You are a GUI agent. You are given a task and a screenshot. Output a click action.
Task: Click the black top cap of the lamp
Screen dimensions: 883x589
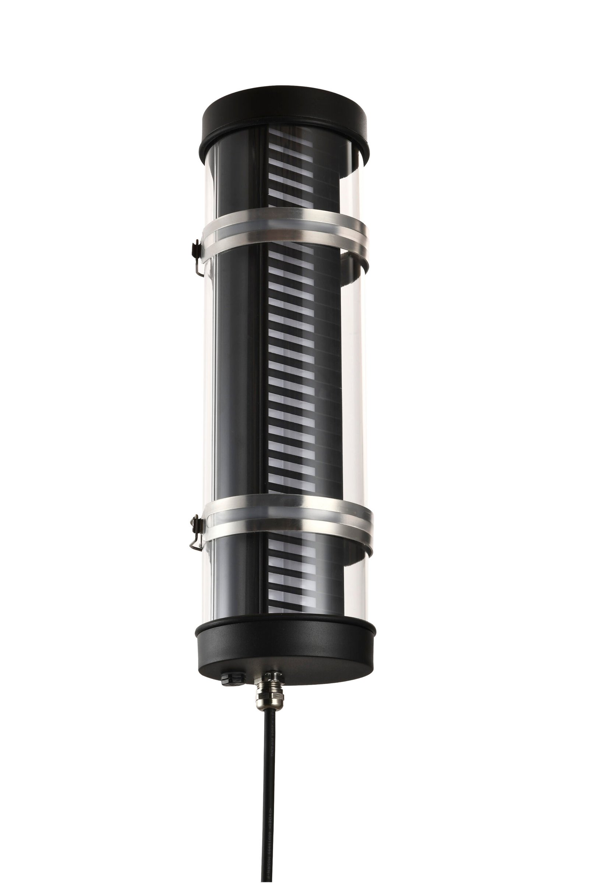coord(286,114)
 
